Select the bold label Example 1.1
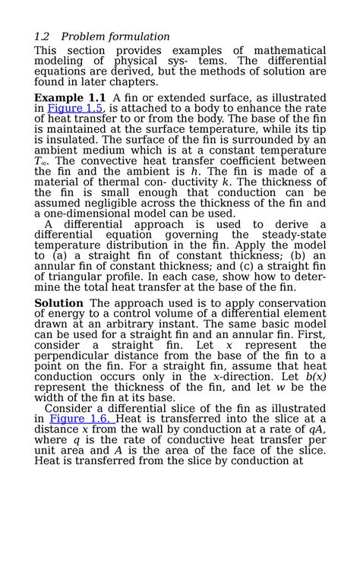pyautogui.click(x=71, y=98)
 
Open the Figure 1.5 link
pyautogui.click(x=75, y=108)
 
